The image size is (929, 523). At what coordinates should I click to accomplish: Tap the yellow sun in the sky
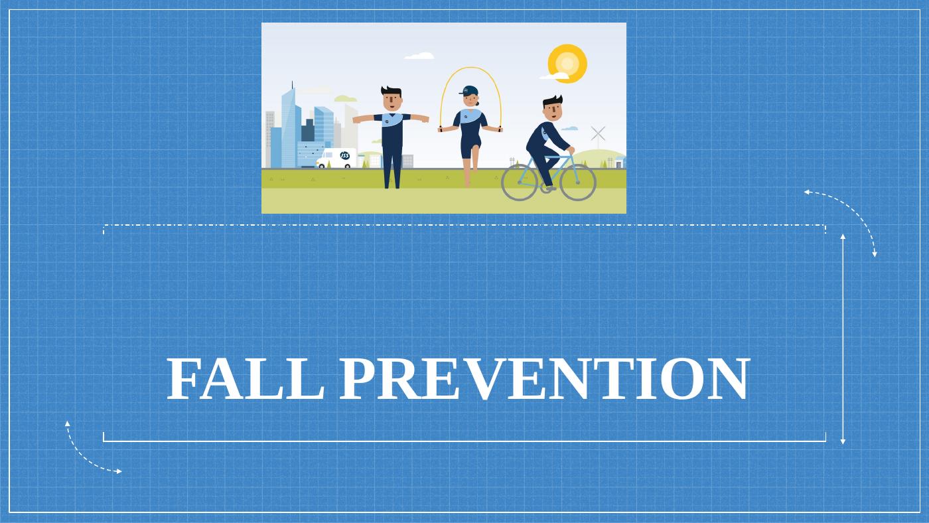[x=567, y=63]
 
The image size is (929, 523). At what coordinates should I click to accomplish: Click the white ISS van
[x=336, y=158]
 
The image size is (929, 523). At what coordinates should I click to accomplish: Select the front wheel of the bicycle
[x=577, y=182]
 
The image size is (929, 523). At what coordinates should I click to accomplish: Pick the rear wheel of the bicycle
[x=519, y=182]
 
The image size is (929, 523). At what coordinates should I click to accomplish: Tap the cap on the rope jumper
[x=470, y=90]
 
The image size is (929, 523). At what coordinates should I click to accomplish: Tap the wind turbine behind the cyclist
[x=598, y=135]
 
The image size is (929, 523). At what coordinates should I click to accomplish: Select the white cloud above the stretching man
[x=419, y=56]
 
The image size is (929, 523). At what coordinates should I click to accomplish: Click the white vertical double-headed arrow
[x=843, y=338]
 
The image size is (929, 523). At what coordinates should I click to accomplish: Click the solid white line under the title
[x=464, y=441]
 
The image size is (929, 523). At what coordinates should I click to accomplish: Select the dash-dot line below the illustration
[x=464, y=225]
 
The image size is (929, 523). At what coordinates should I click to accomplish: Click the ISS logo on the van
[x=344, y=156]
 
